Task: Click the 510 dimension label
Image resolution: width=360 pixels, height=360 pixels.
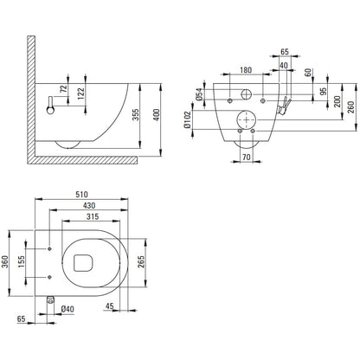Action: point(81,195)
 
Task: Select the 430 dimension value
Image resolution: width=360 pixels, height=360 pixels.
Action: point(89,205)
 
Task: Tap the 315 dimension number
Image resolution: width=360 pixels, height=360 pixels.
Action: point(93,216)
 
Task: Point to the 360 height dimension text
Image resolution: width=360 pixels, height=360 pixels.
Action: point(5,261)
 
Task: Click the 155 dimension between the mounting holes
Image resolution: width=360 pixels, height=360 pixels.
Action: point(22,261)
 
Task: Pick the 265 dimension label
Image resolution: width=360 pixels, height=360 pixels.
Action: point(141,261)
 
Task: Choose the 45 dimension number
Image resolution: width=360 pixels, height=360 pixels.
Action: point(110,305)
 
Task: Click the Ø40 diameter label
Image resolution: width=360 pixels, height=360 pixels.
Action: point(67,309)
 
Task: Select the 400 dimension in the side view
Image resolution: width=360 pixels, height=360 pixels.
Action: point(156,115)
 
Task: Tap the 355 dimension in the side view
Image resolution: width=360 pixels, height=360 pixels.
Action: point(136,115)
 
